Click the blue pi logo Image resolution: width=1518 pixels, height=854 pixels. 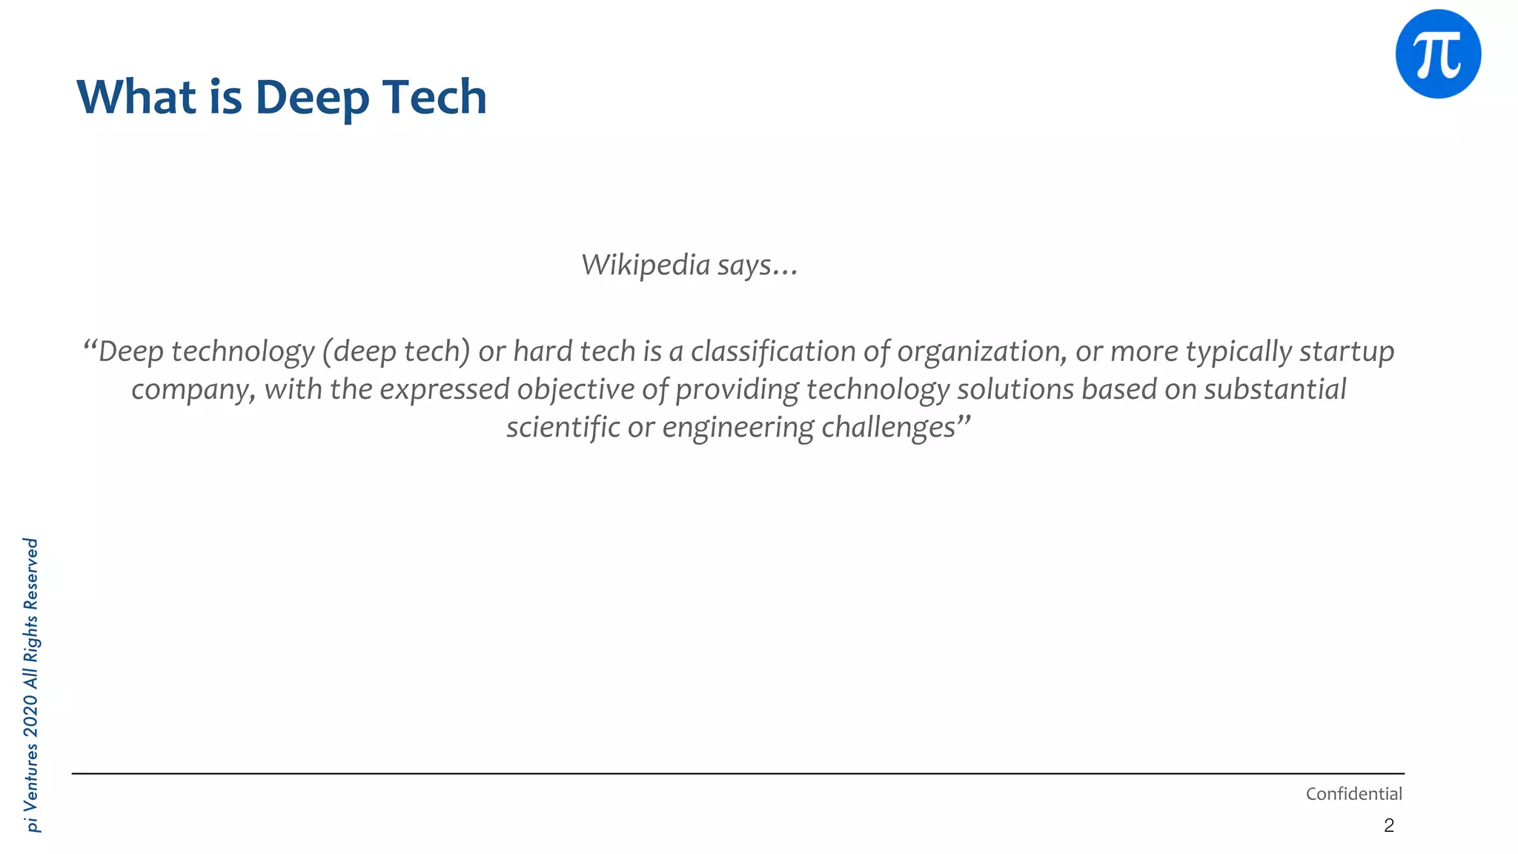pyautogui.click(x=1438, y=54)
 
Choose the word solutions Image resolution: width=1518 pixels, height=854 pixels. pyautogui.click(x=1015, y=390)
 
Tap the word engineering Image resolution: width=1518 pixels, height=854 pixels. pyautogui.click(x=738, y=428)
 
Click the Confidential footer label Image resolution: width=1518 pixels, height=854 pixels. pyautogui.click(x=1353, y=794)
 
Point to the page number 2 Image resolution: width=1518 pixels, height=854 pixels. pyautogui.click(x=1388, y=826)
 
